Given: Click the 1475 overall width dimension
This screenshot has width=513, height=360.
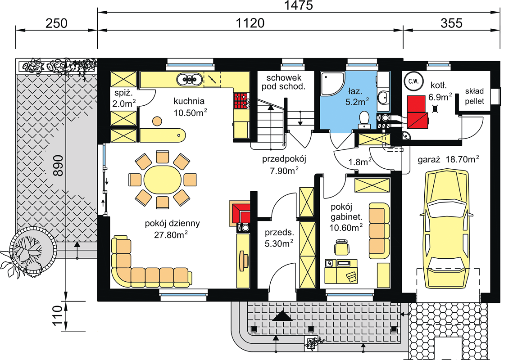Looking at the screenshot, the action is [298, 5].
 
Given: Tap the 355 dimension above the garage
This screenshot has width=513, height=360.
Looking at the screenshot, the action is [451, 23].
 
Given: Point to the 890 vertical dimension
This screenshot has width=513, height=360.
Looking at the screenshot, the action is [58, 166].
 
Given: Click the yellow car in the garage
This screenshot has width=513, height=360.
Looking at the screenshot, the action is [446, 229].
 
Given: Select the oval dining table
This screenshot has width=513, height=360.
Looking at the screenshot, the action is [163, 180].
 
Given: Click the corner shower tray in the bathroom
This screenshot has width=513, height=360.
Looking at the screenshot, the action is [332, 84].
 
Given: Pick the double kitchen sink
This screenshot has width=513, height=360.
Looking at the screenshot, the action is [190, 80].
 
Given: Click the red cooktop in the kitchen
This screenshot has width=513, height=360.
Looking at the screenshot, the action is [241, 100].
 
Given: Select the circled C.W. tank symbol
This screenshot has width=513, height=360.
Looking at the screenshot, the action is [413, 81].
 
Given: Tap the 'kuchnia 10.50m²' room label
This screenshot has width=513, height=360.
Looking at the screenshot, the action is [190, 107].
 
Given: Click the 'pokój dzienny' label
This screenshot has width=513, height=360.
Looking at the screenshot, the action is [172, 223].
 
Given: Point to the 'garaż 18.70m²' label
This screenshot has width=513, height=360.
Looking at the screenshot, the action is [448, 159].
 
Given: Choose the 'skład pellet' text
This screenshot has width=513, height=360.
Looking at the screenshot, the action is [474, 96].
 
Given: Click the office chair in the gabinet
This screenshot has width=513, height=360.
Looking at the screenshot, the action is [341, 247].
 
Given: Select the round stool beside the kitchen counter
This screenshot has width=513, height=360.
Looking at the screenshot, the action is [157, 121].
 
